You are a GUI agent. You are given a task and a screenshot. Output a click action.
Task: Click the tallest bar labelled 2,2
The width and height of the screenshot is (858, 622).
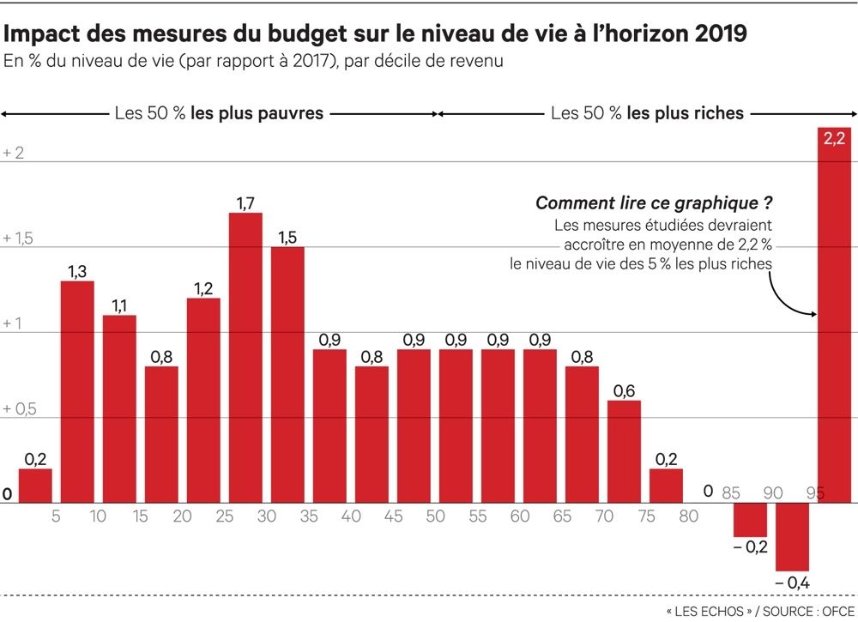(x=834, y=315)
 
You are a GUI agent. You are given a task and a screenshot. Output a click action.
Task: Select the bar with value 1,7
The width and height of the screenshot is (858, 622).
(x=245, y=358)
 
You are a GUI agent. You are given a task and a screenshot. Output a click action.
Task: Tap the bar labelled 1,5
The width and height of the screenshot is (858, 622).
(x=287, y=375)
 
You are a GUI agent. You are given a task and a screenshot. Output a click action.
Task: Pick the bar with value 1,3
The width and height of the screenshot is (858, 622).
(x=77, y=392)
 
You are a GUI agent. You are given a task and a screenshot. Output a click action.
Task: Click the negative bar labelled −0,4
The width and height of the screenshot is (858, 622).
(x=792, y=537)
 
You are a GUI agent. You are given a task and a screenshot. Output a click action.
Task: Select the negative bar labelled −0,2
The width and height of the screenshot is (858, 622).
(x=750, y=520)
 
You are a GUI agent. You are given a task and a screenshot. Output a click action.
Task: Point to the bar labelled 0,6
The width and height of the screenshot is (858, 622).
(x=624, y=451)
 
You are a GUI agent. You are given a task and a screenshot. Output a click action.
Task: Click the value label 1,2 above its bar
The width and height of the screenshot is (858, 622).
(x=203, y=288)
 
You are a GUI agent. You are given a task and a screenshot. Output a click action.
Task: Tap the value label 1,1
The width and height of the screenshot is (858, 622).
(x=119, y=305)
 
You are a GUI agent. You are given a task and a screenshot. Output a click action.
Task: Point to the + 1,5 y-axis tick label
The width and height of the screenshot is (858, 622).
(x=18, y=238)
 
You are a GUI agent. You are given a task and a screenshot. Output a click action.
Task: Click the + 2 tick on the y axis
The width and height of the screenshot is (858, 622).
(x=14, y=153)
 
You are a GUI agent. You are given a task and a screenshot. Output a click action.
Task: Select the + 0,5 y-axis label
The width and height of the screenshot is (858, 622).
(x=20, y=408)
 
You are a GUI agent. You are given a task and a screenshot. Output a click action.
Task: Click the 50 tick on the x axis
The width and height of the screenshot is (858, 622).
(x=436, y=516)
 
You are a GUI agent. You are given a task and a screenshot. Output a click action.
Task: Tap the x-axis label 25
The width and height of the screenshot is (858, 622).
(x=224, y=516)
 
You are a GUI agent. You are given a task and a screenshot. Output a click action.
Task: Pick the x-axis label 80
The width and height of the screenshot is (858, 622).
(x=688, y=516)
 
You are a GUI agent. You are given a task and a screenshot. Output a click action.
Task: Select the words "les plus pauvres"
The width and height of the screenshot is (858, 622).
(x=257, y=113)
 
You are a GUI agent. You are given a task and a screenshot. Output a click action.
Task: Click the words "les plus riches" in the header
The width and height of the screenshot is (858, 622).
(x=686, y=113)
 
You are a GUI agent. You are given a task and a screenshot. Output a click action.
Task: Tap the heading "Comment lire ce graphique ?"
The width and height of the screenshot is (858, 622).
(x=654, y=203)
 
